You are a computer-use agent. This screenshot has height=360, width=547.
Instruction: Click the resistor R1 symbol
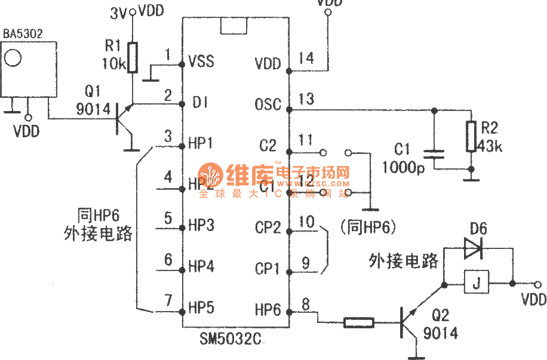coord(133,56)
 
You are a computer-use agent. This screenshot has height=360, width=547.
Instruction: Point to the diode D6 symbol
coord(473,248)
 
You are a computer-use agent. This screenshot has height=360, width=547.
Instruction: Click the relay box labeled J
coord(476,282)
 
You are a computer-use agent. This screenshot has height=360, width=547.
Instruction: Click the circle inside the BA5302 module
coord(13,57)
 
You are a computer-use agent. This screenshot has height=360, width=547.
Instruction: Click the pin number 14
coord(307,58)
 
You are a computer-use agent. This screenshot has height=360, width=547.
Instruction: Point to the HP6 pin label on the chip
coord(268,309)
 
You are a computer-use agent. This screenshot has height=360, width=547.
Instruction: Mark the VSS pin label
coord(201,61)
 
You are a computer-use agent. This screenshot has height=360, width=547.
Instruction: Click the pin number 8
coord(306,304)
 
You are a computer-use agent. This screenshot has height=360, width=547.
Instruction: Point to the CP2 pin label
coord(268,227)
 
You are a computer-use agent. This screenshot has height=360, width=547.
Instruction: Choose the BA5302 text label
coord(23,33)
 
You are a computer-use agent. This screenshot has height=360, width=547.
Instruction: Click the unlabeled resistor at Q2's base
coord(359,323)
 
